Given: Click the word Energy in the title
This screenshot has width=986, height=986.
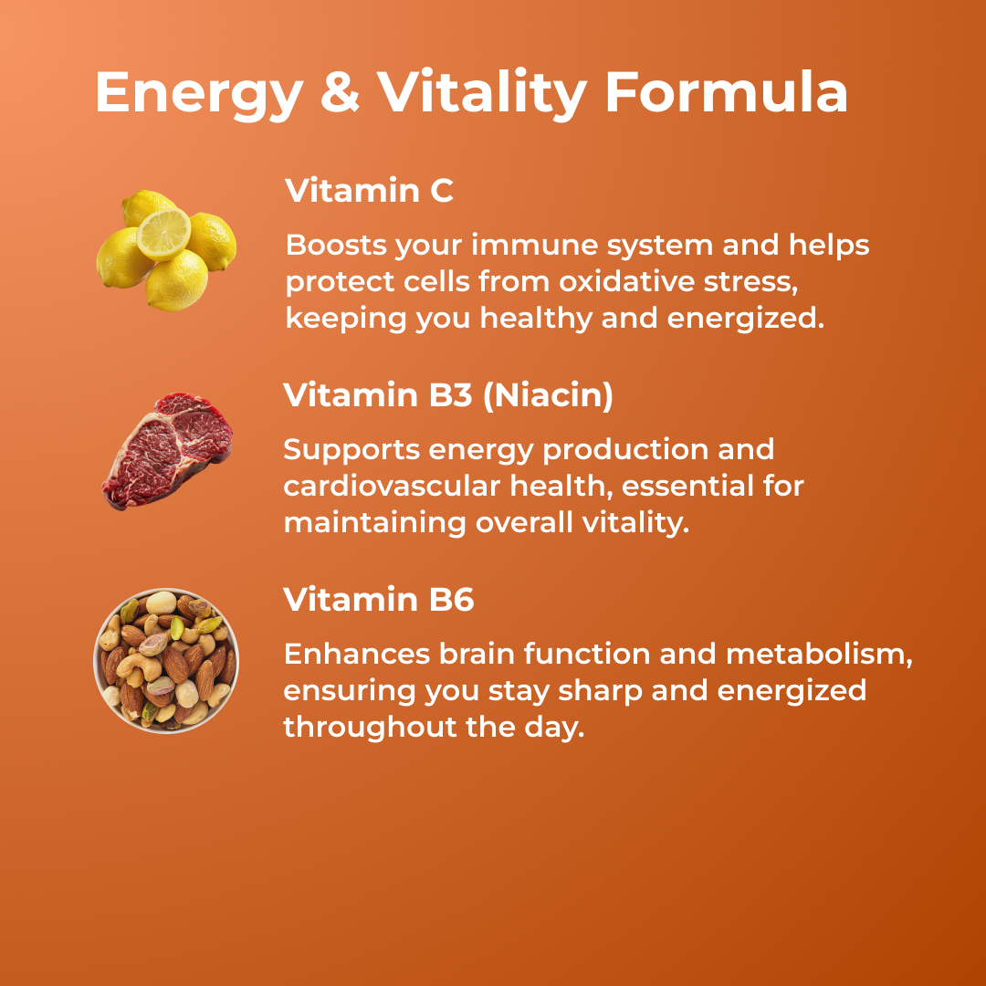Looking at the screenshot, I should [197, 94].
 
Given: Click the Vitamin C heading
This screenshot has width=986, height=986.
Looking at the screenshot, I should [369, 192].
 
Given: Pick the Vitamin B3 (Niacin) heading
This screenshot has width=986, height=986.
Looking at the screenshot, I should [447, 395].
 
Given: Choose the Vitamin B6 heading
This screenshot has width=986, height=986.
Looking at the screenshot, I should [378, 600].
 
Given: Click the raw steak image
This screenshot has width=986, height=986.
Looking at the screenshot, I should [167, 449].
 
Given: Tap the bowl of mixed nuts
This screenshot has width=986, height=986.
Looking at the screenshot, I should [166, 660].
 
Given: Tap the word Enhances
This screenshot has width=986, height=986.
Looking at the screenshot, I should [355, 655].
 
